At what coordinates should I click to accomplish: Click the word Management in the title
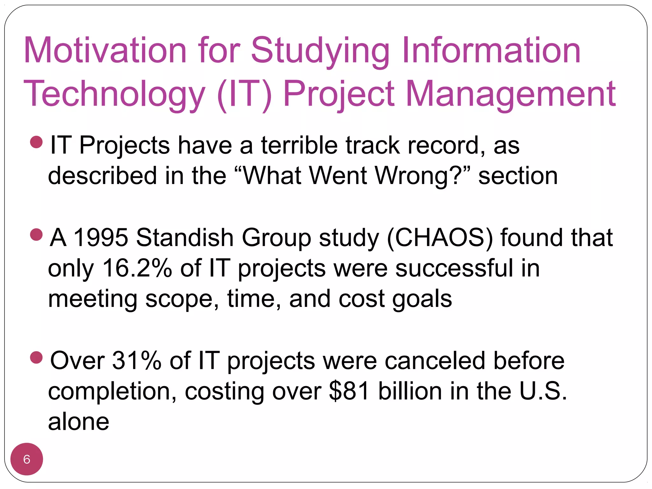click(511, 95)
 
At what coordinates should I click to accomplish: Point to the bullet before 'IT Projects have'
click(36, 142)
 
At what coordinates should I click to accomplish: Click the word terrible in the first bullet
click(299, 145)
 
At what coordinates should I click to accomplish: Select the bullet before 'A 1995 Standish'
click(36, 235)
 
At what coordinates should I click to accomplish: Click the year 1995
click(101, 237)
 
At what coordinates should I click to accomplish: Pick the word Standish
click(185, 237)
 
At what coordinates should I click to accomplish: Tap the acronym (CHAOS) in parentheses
click(440, 237)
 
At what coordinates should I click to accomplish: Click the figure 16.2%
click(137, 268)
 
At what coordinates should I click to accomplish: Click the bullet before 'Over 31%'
click(36, 358)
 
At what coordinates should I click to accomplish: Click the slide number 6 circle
click(27, 459)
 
